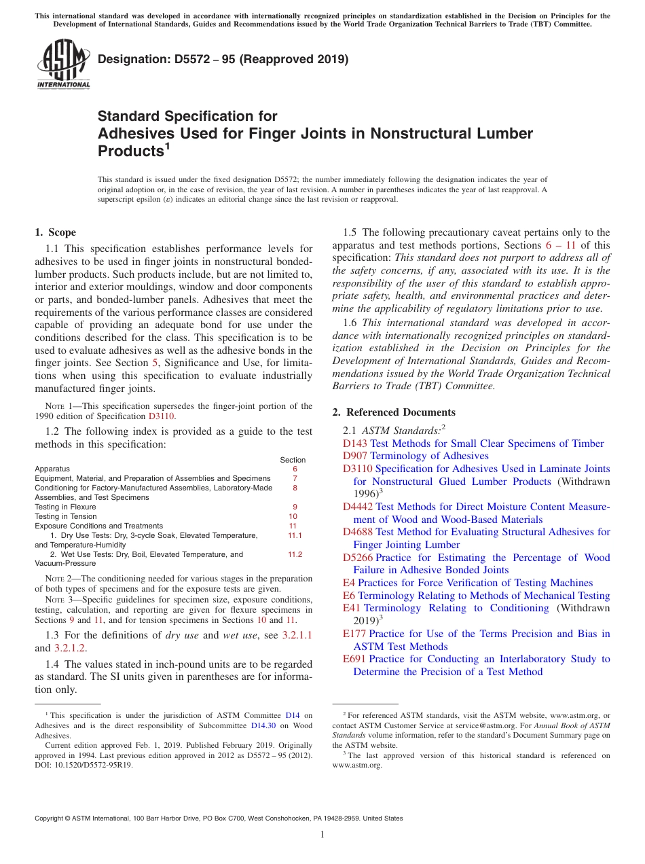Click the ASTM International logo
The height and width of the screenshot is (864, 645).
pos(63,65)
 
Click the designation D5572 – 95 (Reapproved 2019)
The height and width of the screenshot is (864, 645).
pos(223,59)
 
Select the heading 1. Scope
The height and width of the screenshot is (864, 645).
pos(56,232)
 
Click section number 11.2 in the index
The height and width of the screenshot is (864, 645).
pos(295,554)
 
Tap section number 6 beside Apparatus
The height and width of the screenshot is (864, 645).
pos(295,469)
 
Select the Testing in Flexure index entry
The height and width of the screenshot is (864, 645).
pos(65,507)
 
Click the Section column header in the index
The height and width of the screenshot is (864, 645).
pos(293,460)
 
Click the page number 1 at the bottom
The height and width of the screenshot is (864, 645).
pos(322,835)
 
